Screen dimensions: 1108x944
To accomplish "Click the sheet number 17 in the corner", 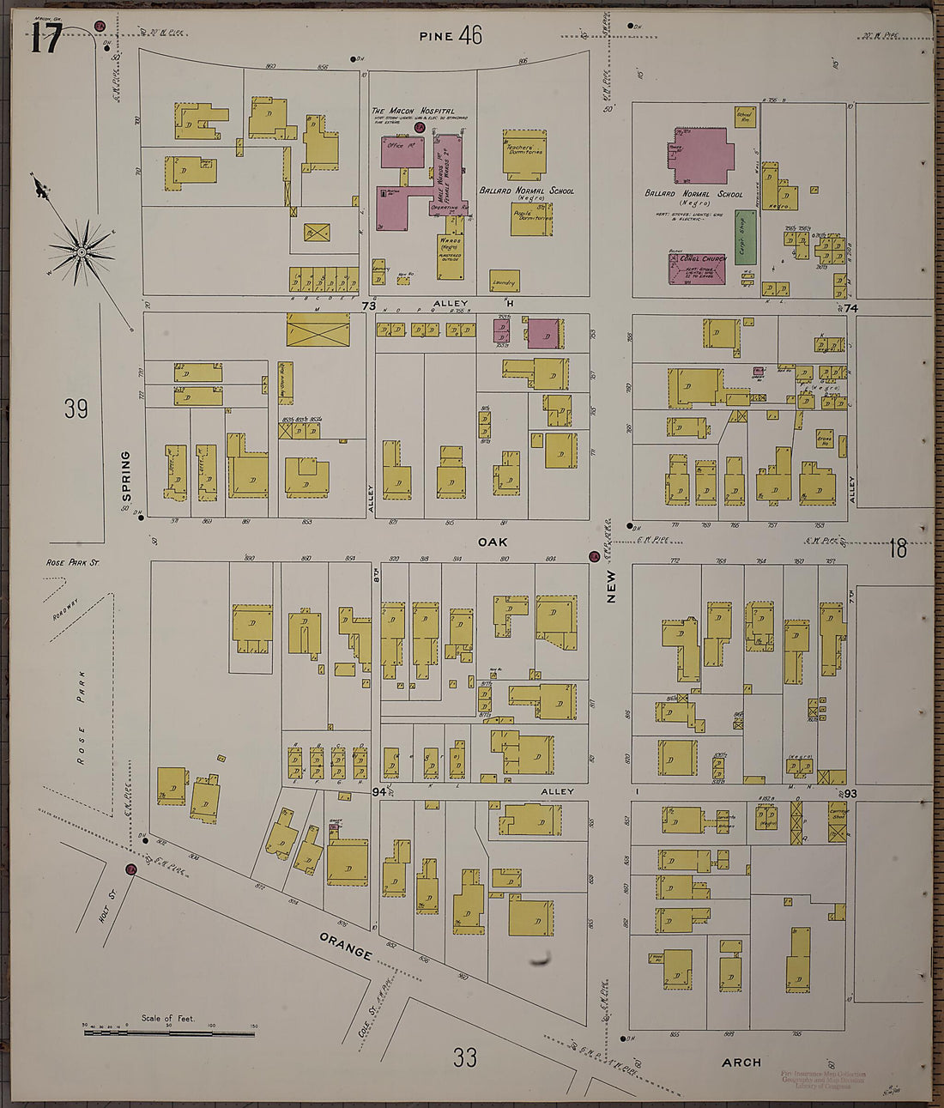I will pos(46,39).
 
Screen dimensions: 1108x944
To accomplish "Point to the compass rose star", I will pos(82,251).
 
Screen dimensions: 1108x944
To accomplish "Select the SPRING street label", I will pos(126,476).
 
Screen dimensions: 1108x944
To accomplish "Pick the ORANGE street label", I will pos(345,947).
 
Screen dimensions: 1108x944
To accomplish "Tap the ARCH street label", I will pos(741,1062).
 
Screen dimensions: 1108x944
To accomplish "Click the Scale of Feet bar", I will pos(169,1032).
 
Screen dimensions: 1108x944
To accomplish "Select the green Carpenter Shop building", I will pos(745,237).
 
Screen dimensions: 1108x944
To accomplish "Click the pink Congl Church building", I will pos(697,269).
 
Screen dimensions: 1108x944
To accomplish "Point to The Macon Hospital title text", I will pos(412,111).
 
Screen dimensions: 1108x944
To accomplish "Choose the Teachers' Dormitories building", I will pos(524,151).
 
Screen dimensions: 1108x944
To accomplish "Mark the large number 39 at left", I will pos(76,409).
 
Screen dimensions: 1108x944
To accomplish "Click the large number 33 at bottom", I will pos(464,1057).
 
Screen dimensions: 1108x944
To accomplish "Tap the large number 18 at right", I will pos(898,548).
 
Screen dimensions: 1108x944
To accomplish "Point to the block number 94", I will pos(378,791).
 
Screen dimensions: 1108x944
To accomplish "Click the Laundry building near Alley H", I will pos(504,281).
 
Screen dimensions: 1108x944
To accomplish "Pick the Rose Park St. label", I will pos(73,563).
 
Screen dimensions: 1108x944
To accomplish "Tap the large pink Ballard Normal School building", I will pos(699,156).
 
